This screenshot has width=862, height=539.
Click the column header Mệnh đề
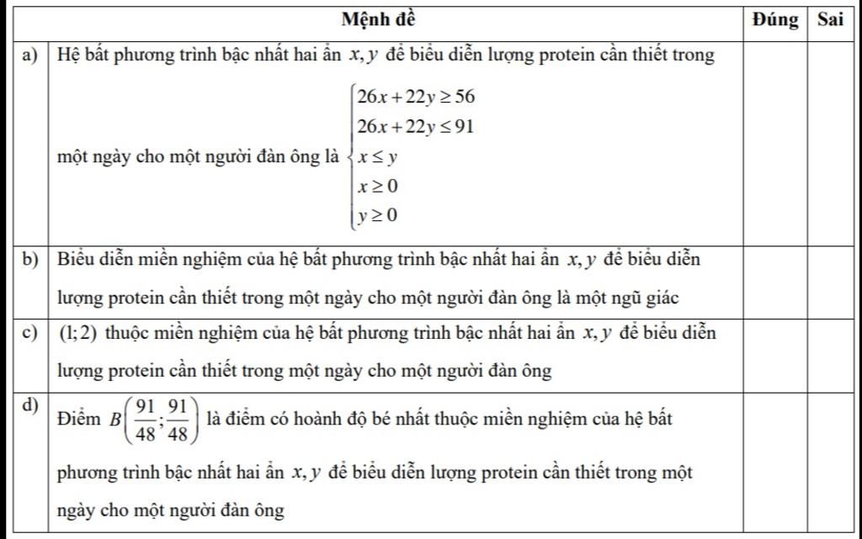click(379, 19)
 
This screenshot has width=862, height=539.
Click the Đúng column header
click(775, 19)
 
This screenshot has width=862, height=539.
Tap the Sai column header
click(829, 19)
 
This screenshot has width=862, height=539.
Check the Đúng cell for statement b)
click(775, 280)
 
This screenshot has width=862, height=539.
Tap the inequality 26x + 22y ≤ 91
click(416, 127)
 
